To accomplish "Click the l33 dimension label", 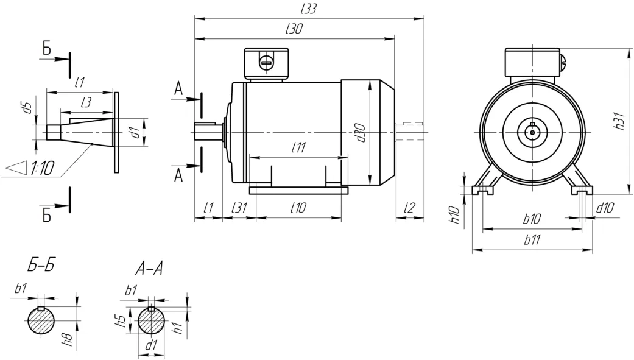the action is pos(309,9).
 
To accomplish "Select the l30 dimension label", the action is pos(294,29).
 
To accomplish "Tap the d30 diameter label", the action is pos(360,133).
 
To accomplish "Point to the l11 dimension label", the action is pos(298,147).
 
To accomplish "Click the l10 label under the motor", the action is pos(298,208).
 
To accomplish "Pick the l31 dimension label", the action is pos(239,208).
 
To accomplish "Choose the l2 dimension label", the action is pos(410,208).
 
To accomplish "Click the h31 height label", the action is pos(620,121).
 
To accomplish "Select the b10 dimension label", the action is pos(532,219).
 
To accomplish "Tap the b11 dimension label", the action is pos(532,240).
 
